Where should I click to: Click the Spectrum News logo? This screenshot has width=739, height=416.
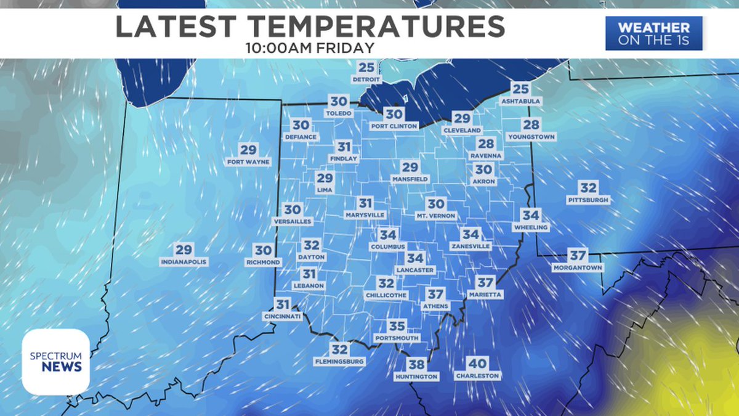coord(55,362)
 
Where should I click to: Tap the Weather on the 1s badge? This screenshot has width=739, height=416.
coord(653,34)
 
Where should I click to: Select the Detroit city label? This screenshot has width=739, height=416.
coord(366,80)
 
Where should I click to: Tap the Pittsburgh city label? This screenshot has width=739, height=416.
coord(589,200)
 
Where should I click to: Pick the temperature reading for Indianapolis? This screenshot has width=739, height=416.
coord(184,250)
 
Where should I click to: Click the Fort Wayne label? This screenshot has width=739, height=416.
coord(248,162)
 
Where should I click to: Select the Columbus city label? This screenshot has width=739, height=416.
coord(388,247)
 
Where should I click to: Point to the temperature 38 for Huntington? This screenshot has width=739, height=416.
coord(416,364)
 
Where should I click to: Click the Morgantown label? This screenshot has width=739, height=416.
coord(577,268)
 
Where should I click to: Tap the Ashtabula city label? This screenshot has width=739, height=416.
coord(520,101)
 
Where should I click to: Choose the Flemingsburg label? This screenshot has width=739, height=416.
coord(339,362)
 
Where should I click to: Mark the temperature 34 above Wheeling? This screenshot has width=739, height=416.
coord(530,216)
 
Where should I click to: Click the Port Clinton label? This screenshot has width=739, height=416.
coord(394,126)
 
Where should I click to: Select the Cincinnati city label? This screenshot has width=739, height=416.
coord(282,317)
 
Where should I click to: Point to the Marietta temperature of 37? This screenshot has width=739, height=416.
coord(486,283)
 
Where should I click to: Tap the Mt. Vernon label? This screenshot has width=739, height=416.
coord(436,216)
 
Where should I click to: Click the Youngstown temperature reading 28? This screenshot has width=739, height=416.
coord(531,124)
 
